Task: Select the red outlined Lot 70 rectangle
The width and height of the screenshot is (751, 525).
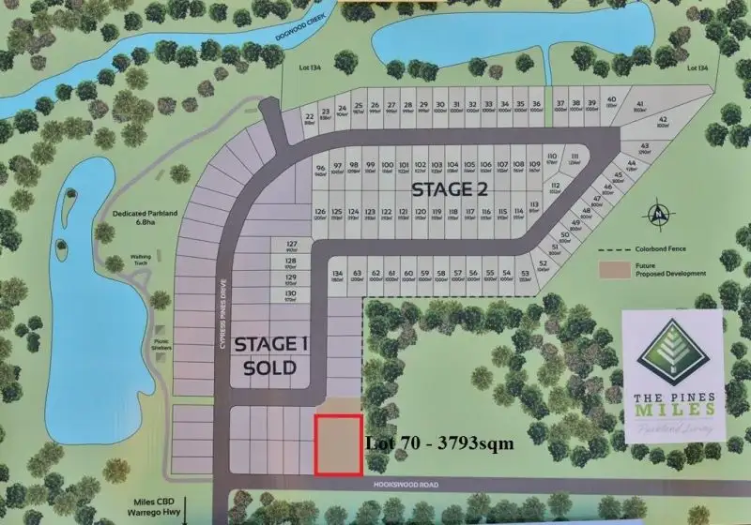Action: click(338, 444)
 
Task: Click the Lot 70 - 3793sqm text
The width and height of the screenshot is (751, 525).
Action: click(438, 443)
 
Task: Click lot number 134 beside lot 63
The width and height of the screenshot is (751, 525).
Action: click(337, 274)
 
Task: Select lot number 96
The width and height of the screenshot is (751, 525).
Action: click(320, 169)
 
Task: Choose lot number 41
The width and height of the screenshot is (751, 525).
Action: click(638, 104)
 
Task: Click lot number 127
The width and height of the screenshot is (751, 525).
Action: click(291, 245)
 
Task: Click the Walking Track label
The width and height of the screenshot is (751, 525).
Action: click(140, 262)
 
